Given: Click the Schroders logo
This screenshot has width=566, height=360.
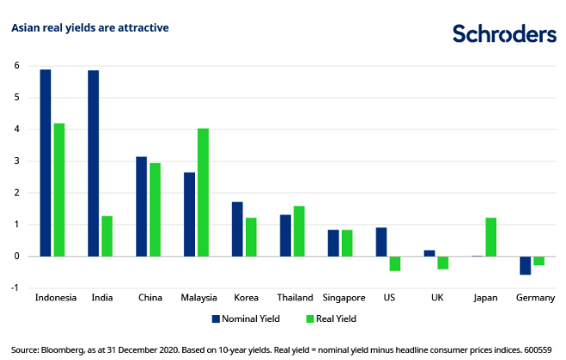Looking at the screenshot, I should [x=504, y=34].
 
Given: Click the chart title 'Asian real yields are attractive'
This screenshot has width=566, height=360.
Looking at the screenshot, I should [x=90, y=28].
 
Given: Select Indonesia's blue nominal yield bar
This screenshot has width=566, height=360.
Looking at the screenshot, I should [x=46, y=162].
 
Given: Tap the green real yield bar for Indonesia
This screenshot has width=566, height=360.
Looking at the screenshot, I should [x=59, y=190].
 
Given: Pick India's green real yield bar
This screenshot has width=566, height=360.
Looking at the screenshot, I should [x=107, y=236].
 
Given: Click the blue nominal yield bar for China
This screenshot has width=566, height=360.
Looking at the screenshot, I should [x=142, y=206].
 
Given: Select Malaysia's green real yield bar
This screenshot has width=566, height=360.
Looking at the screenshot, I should [x=203, y=193].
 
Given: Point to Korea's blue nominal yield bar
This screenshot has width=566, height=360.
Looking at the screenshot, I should [x=237, y=229].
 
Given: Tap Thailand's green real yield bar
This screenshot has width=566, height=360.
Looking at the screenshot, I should [x=299, y=231].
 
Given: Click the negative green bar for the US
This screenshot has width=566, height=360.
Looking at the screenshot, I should [x=395, y=263].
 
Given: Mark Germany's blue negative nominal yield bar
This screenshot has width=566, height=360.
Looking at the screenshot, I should [x=525, y=265].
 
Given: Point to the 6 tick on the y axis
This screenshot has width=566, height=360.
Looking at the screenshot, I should [x=16, y=66].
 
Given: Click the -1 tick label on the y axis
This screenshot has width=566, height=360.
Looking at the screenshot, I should [x=14, y=287].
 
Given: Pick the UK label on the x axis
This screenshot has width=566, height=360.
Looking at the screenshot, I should [x=442, y=298].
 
